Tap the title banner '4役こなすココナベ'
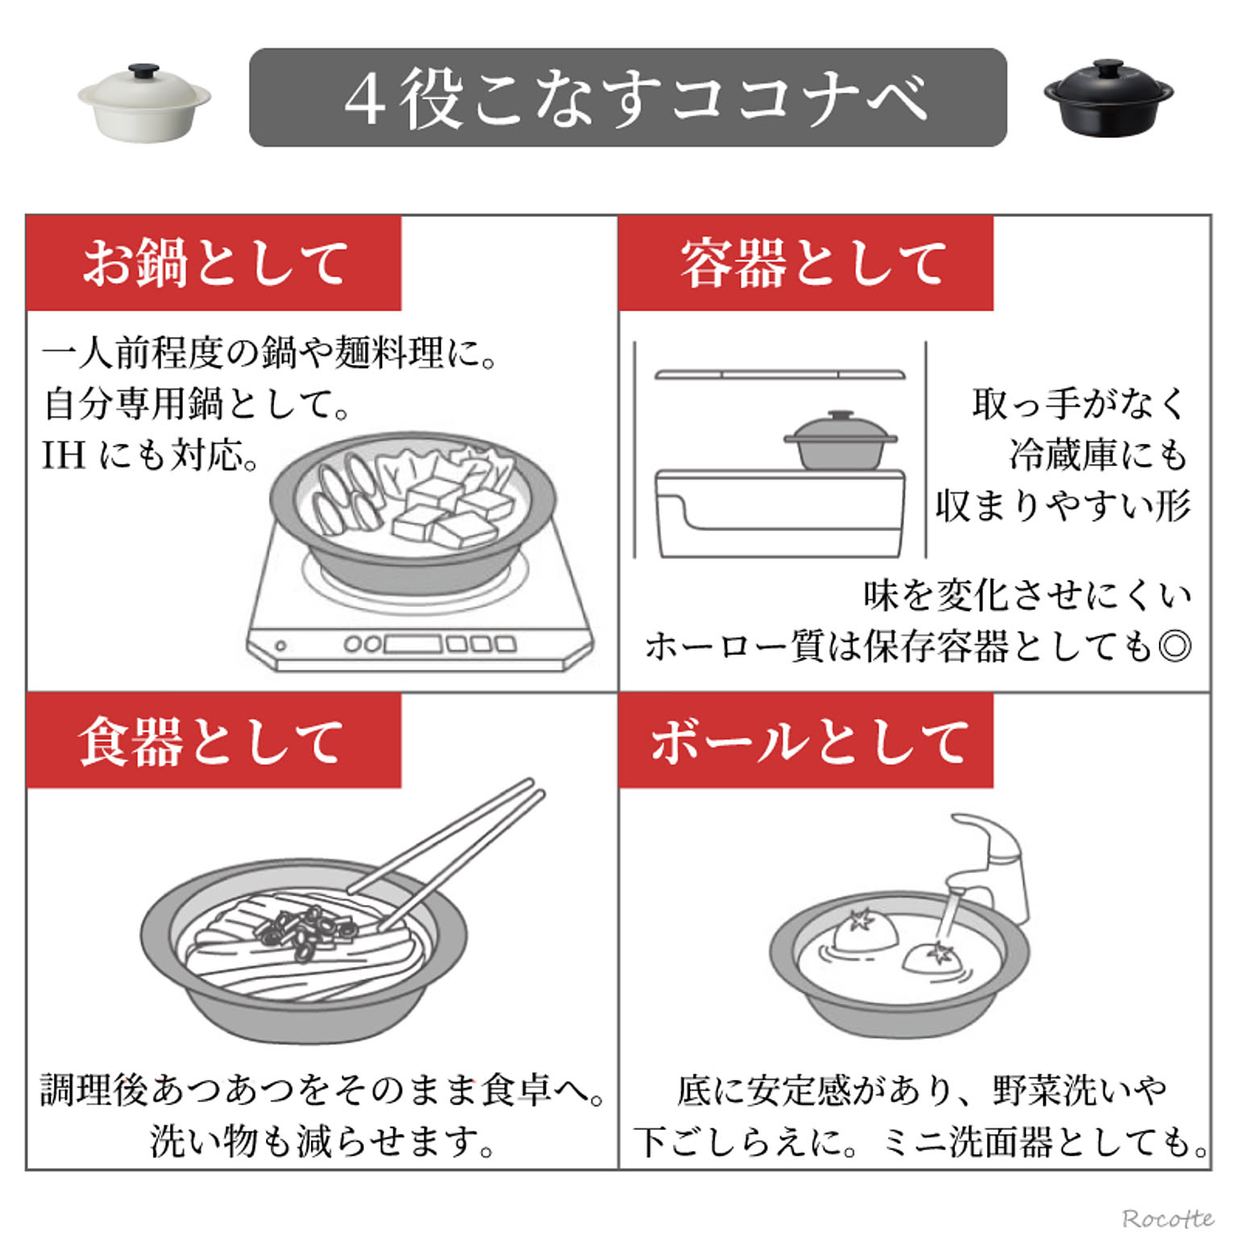coord(628,98)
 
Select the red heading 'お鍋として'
coord(214,263)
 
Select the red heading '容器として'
coord(806,263)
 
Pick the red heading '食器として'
coord(214,740)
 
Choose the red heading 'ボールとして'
coord(806,740)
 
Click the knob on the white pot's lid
coord(144,73)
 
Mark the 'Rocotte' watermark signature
coord(1167,1217)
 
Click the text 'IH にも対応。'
coord(151,455)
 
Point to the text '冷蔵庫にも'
coord(1098,455)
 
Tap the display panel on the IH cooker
coord(413,644)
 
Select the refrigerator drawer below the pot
coord(780,513)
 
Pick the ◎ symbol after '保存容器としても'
coord(1174,646)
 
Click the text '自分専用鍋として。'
coord(197,404)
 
